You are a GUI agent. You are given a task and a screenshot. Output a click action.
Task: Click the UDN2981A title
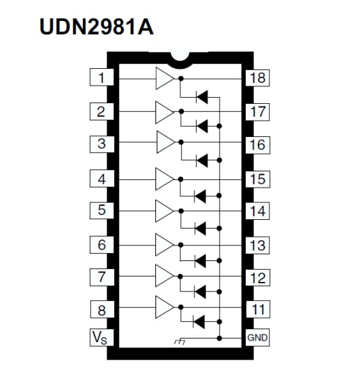point(97,27)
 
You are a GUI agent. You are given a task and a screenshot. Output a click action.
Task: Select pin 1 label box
point(101,77)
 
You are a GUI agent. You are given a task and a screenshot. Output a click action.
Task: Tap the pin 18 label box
point(257,78)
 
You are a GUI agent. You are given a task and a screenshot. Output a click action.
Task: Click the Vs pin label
point(101,338)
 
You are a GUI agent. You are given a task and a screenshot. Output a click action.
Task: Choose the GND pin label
point(257,338)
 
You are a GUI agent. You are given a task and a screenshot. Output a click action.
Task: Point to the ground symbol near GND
point(179,342)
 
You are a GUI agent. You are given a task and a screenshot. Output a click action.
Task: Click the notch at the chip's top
point(180,59)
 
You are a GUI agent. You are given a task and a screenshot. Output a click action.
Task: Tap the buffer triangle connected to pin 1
point(165,78)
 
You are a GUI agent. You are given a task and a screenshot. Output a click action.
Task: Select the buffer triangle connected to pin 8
point(165,307)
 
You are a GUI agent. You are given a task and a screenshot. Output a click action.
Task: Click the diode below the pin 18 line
point(202,97)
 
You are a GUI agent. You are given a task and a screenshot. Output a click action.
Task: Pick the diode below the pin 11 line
point(199,322)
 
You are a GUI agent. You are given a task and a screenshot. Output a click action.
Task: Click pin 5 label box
point(101,210)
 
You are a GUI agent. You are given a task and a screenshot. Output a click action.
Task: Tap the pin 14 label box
point(257,211)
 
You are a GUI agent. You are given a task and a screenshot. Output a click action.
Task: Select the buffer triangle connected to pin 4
point(165,179)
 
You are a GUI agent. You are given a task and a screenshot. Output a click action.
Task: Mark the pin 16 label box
point(257,145)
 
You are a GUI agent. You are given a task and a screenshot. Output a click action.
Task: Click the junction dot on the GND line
point(220,339)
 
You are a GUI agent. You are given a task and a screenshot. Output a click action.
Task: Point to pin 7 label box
point(101,277)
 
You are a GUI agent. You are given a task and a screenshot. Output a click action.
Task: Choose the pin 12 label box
point(257,277)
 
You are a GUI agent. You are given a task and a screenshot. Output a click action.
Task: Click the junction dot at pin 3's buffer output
point(181,142)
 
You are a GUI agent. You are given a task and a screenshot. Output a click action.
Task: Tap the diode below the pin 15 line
point(200,196)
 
